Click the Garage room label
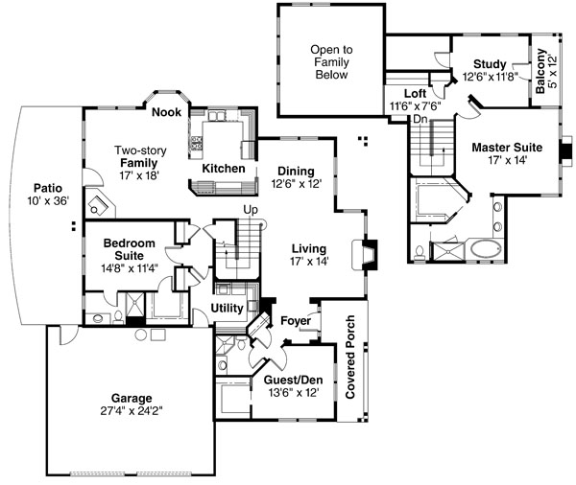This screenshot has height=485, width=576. (x=132, y=398)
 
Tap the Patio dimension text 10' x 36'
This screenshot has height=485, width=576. (x=48, y=200)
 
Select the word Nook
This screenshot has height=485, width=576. (x=166, y=112)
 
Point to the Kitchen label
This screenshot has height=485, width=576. (x=224, y=169)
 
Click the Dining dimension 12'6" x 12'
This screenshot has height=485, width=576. (x=297, y=183)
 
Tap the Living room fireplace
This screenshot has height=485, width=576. (x=365, y=255)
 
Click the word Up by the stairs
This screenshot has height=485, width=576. (x=251, y=210)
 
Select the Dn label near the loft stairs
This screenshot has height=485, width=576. (x=420, y=119)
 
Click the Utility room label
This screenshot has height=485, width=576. (x=227, y=309)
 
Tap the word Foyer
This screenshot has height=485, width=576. (x=296, y=321)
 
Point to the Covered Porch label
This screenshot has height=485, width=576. (x=350, y=357)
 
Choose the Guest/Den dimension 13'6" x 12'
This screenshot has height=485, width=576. (x=293, y=393)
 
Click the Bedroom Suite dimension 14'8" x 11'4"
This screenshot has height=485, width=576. (x=130, y=268)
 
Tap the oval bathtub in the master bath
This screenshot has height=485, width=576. (x=487, y=249)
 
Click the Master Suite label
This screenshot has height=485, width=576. (x=507, y=148)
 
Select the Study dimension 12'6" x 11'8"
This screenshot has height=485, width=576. (x=490, y=77)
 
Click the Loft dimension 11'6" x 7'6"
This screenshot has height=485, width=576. (x=415, y=106)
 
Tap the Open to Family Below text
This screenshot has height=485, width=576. (x=331, y=62)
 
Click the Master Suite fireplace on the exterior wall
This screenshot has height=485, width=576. (x=566, y=150)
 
